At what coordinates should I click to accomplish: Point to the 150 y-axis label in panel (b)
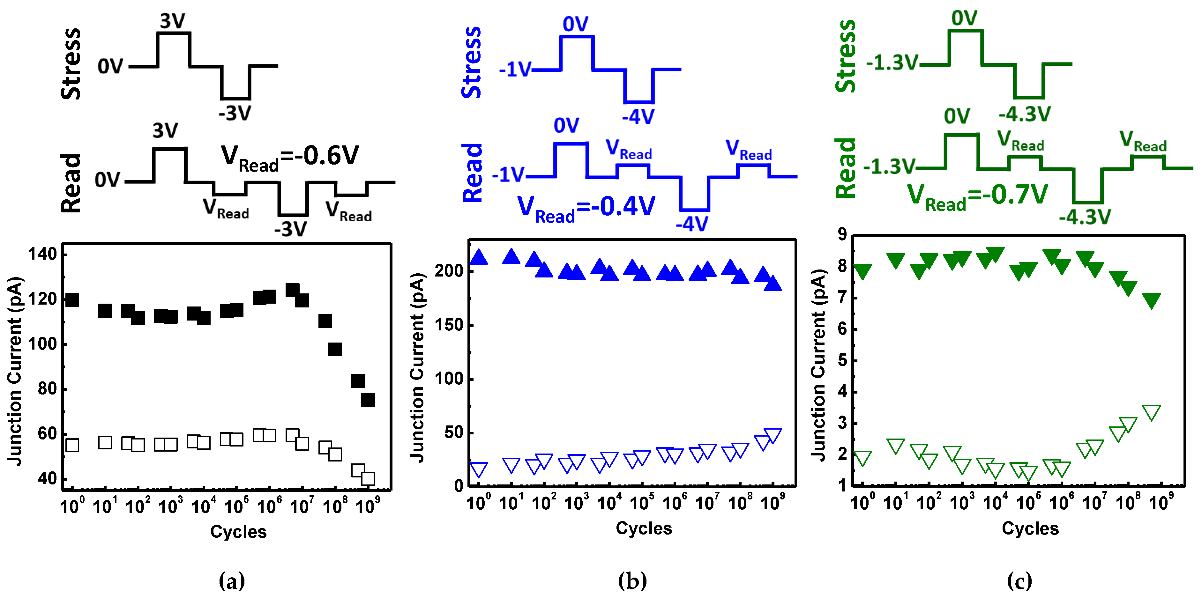(449, 325)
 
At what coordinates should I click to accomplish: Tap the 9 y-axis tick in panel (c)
(842, 234)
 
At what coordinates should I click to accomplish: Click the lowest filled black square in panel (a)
(368, 400)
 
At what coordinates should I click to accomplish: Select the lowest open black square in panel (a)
(368, 479)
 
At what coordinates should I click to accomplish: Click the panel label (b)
(632, 581)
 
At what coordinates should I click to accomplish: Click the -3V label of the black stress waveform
(235, 113)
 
